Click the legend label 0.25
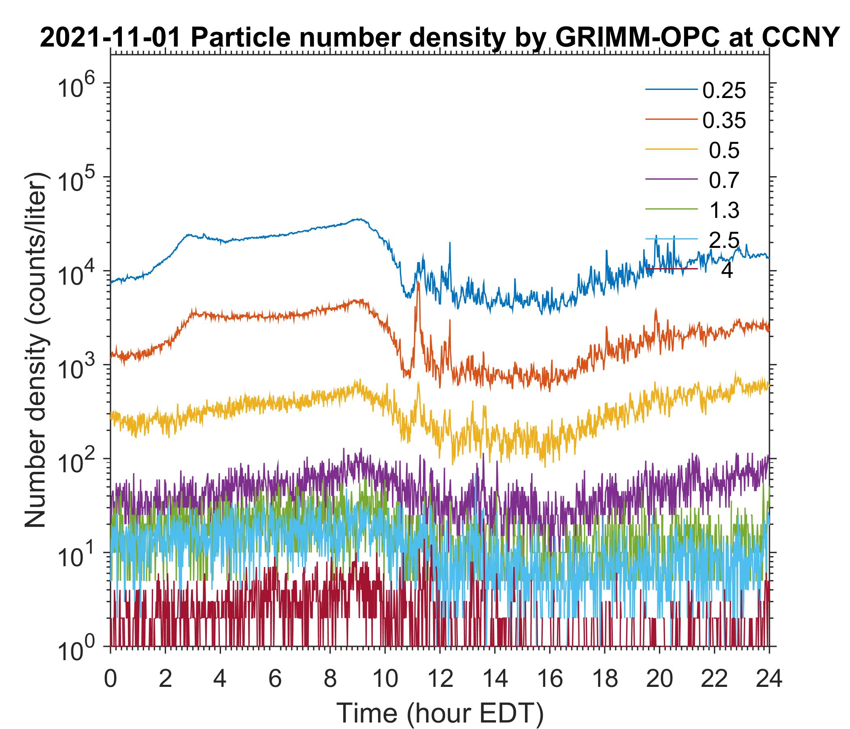(724, 91)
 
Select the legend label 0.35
(724, 121)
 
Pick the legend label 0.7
(724, 181)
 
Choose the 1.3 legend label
(724, 211)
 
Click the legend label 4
(727, 271)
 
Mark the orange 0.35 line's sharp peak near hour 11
(418, 283)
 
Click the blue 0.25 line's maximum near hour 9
(360, 219)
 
